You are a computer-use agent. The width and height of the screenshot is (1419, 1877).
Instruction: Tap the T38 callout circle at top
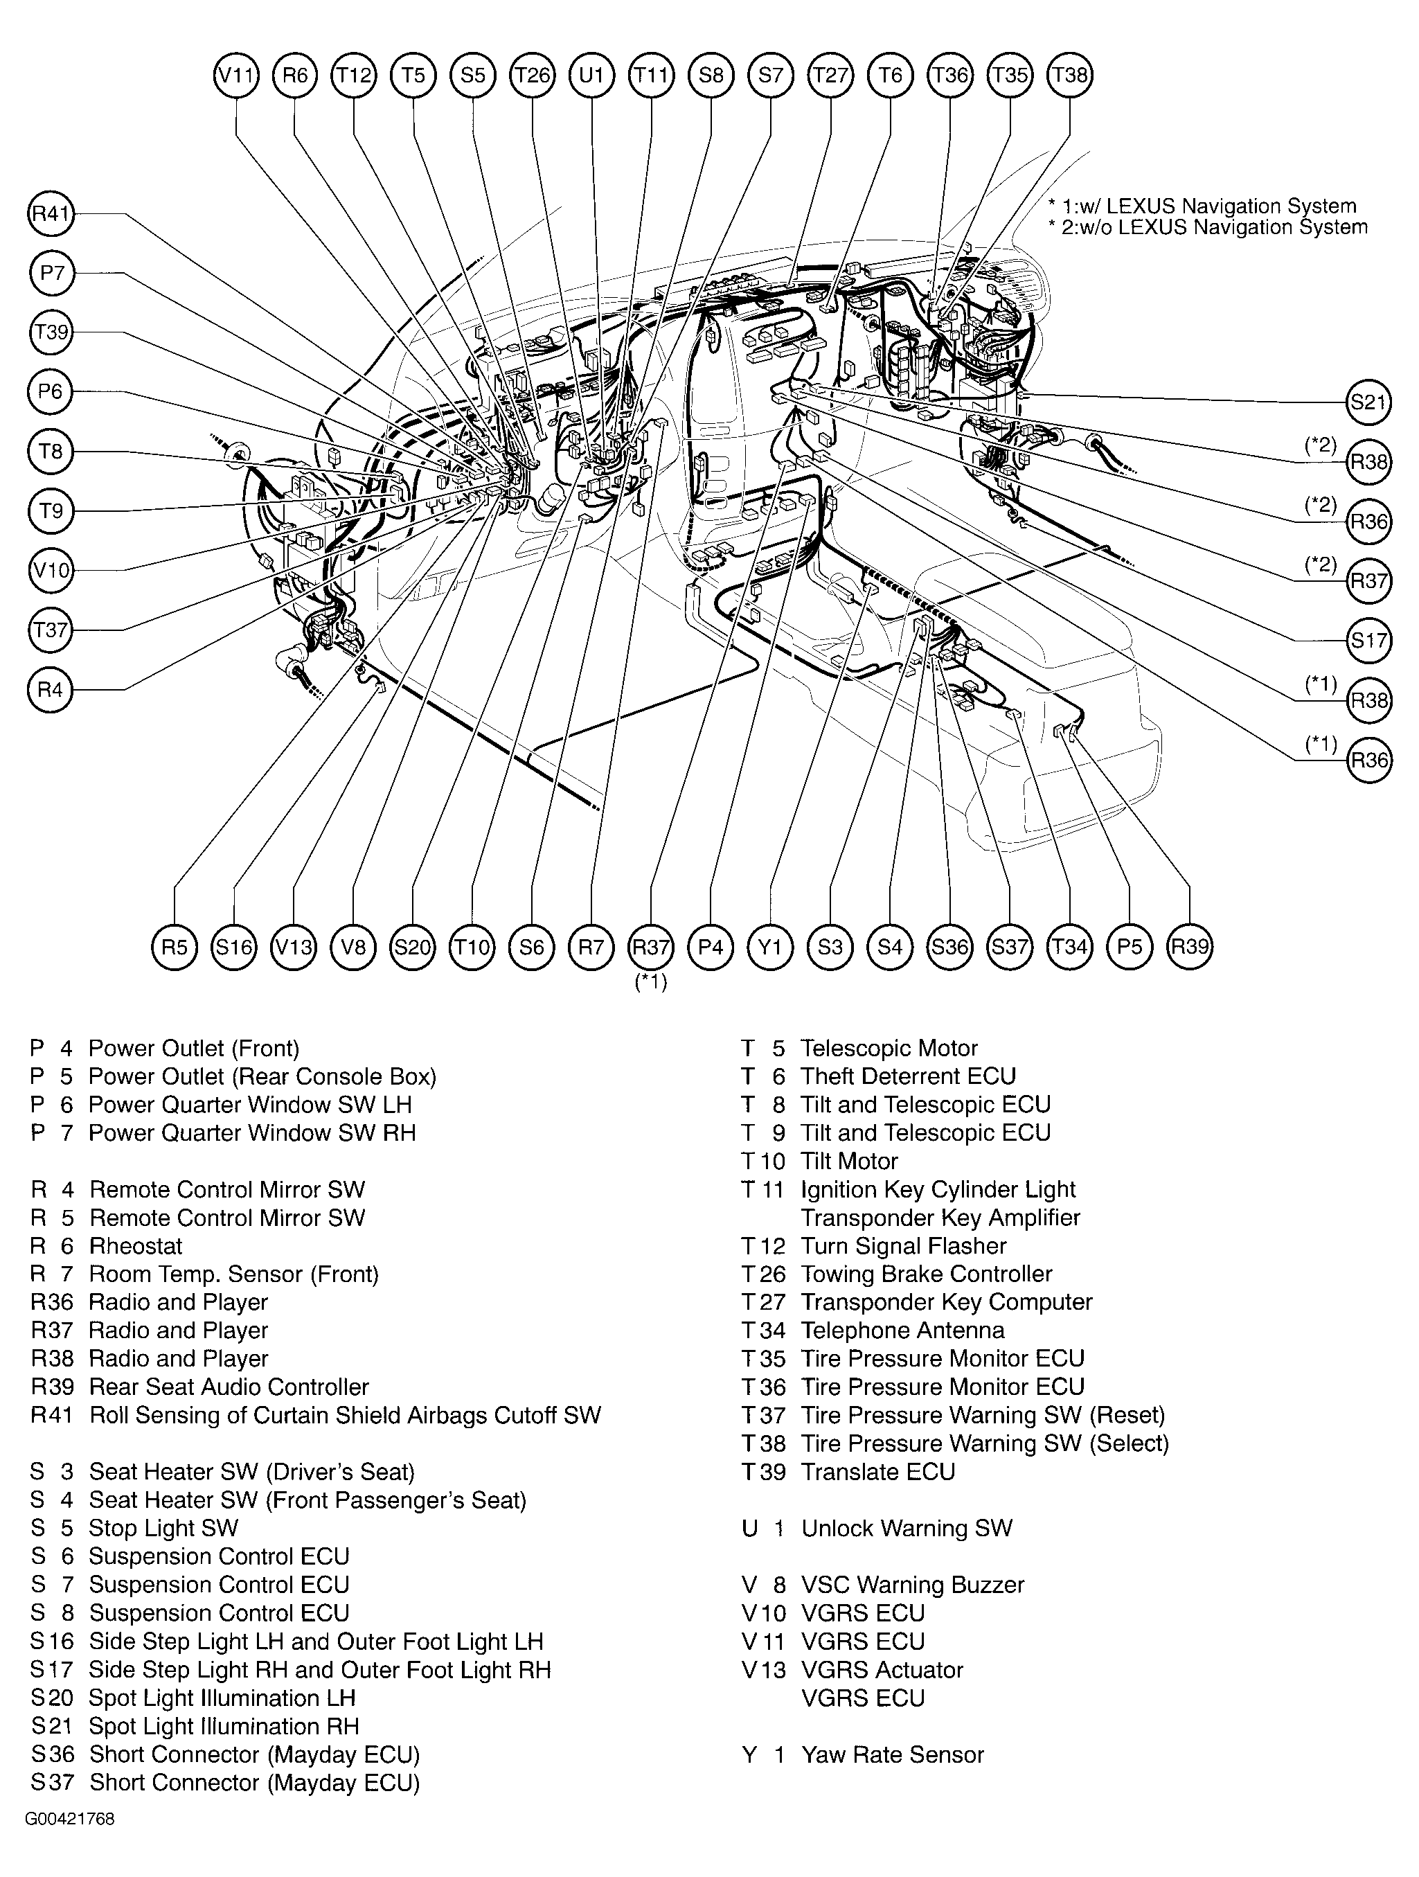1069,75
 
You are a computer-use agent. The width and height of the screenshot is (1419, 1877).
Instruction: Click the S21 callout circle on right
1368,401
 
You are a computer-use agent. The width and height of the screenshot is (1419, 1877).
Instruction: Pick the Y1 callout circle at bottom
770,946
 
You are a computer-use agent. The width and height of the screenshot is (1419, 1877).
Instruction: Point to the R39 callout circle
1190,946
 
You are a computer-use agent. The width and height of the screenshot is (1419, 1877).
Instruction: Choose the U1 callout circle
591,75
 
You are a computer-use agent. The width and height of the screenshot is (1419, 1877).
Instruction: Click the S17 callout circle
1368,640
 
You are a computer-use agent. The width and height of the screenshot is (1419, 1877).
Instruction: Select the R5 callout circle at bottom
174,946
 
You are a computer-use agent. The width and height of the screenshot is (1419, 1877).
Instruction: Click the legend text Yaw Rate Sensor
892,1754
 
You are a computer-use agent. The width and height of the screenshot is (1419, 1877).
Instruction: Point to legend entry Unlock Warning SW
907,1528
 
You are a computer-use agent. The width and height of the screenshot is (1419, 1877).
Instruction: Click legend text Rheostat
136,1245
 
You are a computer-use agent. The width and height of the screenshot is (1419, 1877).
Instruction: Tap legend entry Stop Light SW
163,1528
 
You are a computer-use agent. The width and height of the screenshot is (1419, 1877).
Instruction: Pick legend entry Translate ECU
877,1471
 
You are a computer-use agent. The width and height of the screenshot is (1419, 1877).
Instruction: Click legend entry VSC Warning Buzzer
912,1584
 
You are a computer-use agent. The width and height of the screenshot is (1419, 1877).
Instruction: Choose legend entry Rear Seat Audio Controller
229,1387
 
